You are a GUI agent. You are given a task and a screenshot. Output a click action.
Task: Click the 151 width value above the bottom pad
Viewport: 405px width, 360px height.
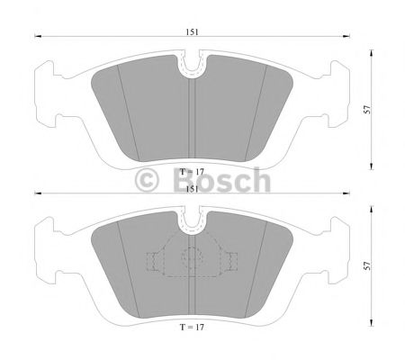tap(193, 189)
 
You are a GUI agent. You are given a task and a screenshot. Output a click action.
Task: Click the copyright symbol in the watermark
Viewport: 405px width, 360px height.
tap(147, 181)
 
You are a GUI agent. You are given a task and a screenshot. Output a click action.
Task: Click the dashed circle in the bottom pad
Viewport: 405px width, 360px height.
tap(193, 257)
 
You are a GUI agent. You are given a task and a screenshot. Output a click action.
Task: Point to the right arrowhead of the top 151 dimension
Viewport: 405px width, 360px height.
tap(347, 37)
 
